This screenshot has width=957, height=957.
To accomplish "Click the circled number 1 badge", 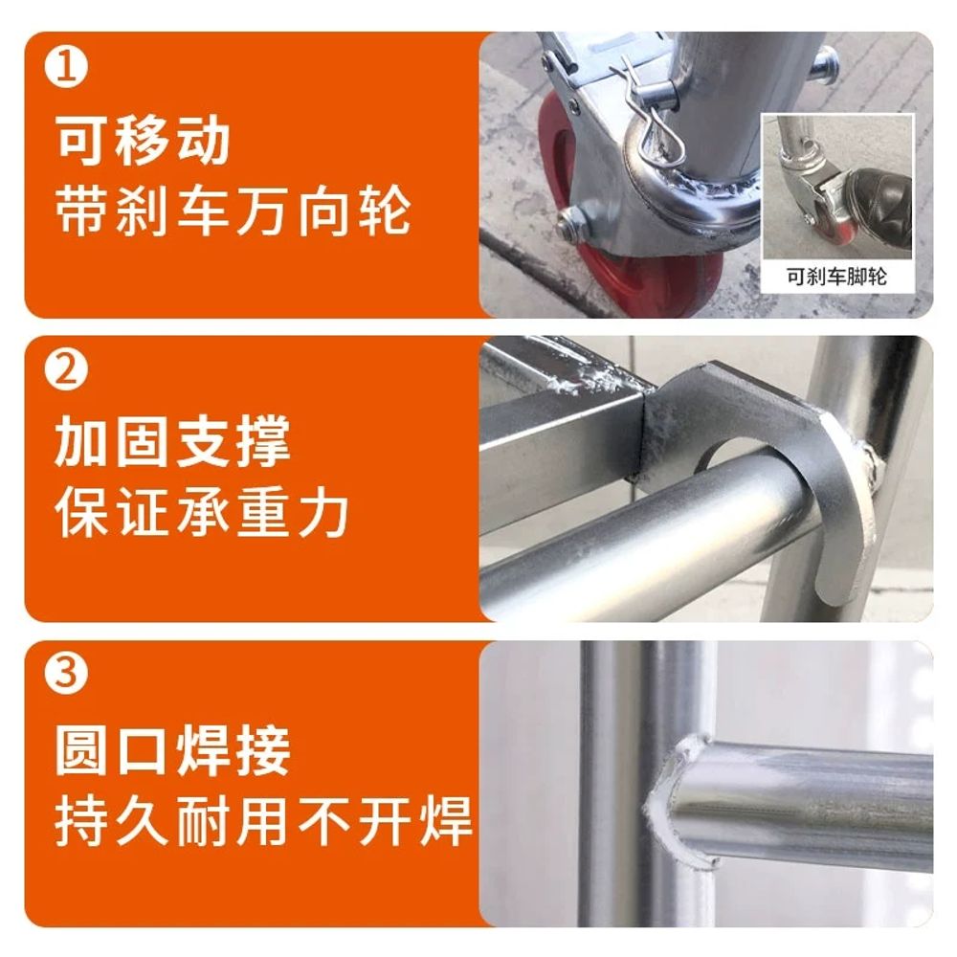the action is [x=66, y=67].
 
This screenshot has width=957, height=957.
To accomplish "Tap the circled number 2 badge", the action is [x=66, y=369].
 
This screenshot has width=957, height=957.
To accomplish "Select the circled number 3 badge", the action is [x=66, y=673].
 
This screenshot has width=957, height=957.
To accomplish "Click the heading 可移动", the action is [x=144, y=141].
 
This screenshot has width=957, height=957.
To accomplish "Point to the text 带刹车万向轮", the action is [x=234, y=211].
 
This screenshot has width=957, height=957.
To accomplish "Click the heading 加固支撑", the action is [x=172, y=441].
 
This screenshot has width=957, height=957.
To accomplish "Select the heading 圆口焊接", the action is [x=172, y=749].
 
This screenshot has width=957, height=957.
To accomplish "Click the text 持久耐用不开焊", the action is [x=264, y=821].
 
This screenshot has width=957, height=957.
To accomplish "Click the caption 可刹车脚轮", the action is [x=836, y=277].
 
